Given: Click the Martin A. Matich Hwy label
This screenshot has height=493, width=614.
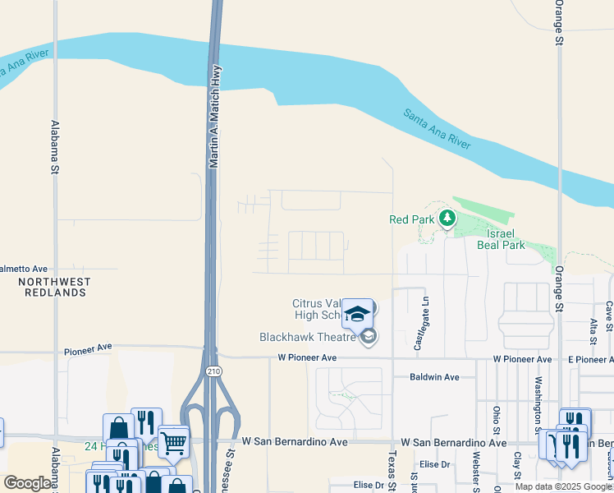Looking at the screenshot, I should pos(213,117).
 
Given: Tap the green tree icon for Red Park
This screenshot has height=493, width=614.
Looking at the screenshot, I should pos(447,219).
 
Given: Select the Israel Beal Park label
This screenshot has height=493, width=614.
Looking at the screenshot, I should pos(501,239).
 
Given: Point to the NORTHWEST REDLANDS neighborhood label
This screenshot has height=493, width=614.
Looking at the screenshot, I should pos(53,287).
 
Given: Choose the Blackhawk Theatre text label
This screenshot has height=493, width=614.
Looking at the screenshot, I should pos(309,337).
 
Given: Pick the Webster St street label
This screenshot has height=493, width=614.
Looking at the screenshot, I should pos(475,469).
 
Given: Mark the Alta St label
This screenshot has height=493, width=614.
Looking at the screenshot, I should pos(593,326).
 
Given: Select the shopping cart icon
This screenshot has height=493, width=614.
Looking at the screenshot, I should pos(173,443).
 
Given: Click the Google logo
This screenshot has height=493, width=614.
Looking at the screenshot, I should pos(27,483).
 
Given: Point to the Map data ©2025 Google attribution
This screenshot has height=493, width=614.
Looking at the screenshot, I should pos(562,486).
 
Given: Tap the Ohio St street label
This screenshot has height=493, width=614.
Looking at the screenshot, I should pos(496,420).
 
